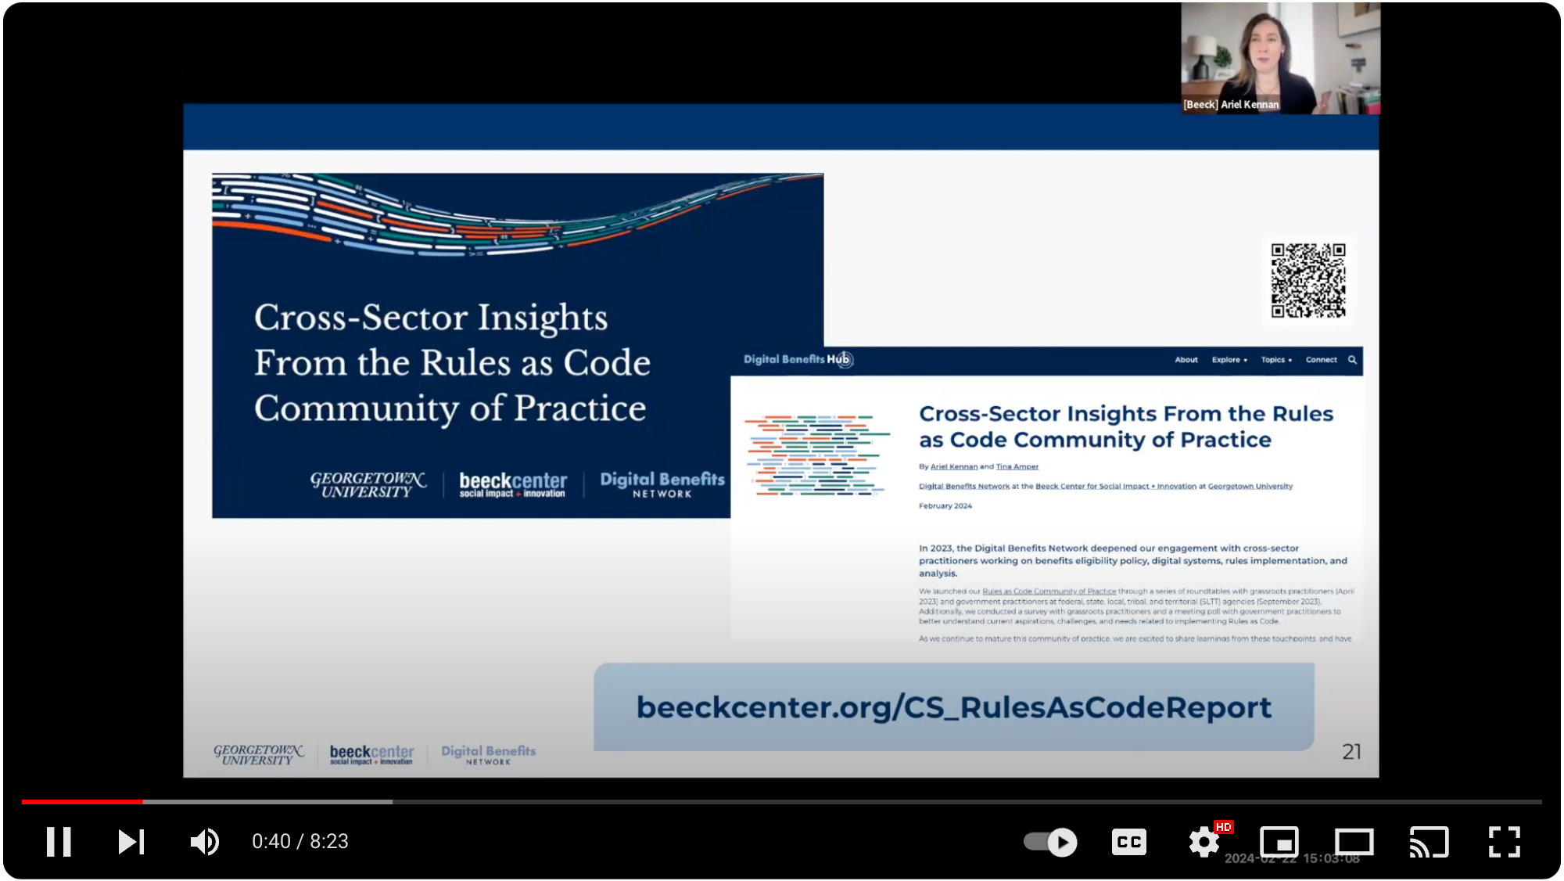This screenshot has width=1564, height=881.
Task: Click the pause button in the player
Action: coord(59,842)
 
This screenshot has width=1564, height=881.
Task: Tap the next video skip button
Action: coord(131,842)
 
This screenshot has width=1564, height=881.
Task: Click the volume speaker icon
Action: coord(204,842)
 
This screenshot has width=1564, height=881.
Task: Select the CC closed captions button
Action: coord(1128,842)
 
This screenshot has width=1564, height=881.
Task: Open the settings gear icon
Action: coord(1203,842)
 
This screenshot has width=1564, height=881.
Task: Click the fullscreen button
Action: coord(1504,842)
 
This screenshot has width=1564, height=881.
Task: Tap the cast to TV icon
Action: coord(1429,842)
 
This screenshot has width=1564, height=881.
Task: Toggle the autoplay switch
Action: coord(1050,842)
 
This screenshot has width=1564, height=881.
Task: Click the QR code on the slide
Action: coord(1308,280)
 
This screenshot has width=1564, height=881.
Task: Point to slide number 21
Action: coord(1351,752)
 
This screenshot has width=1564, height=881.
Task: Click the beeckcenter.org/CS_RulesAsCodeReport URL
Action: coord(953,707)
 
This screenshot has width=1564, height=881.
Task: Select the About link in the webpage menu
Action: coord(1186,360)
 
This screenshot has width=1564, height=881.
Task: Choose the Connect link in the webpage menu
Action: coord(1321,360)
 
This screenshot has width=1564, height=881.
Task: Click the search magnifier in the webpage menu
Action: coord(1352,360)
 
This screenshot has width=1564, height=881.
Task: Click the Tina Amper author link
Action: coord(1017,467)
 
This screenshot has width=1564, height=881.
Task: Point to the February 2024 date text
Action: coord(945,506)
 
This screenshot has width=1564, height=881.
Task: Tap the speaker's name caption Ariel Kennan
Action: coord(1231,105)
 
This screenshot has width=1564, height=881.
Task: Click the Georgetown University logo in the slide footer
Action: coord(258,754)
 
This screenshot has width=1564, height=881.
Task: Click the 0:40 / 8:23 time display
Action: coord(300,842)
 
